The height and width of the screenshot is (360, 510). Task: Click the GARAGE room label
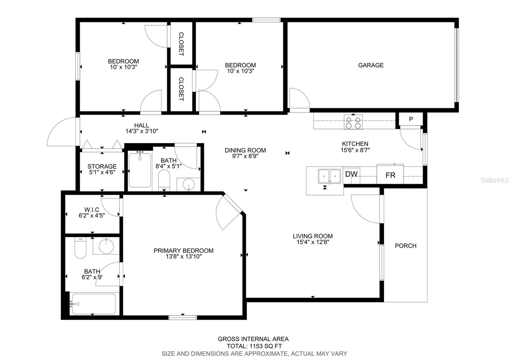point(371,65)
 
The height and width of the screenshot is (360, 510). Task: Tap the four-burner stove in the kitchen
point(353,122)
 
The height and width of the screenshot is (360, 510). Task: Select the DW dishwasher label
point(351,174)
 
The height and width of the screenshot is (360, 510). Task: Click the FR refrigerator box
point(390,174)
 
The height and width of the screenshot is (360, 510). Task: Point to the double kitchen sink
point(330,176)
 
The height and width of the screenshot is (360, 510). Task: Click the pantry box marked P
point(411,119)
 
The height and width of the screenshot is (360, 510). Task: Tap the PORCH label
point(405,246)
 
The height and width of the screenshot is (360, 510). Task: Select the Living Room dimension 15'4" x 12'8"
point(313,242)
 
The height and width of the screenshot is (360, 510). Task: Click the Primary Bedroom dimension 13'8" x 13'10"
point(184,256)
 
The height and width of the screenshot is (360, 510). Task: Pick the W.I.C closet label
point(92,210)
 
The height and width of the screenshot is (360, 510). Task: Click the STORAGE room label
point(102,166)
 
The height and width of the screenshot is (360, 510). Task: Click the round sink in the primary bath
point(106,246)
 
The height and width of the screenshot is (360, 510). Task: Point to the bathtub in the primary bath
point(94,304)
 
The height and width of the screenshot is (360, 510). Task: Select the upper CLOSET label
point(181,44)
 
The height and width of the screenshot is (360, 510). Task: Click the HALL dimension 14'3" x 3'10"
point(142,131)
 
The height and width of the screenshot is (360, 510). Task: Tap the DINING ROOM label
point(245,150)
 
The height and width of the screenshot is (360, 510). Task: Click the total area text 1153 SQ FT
point(266,346)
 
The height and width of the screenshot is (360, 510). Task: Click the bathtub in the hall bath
point(140,170)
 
